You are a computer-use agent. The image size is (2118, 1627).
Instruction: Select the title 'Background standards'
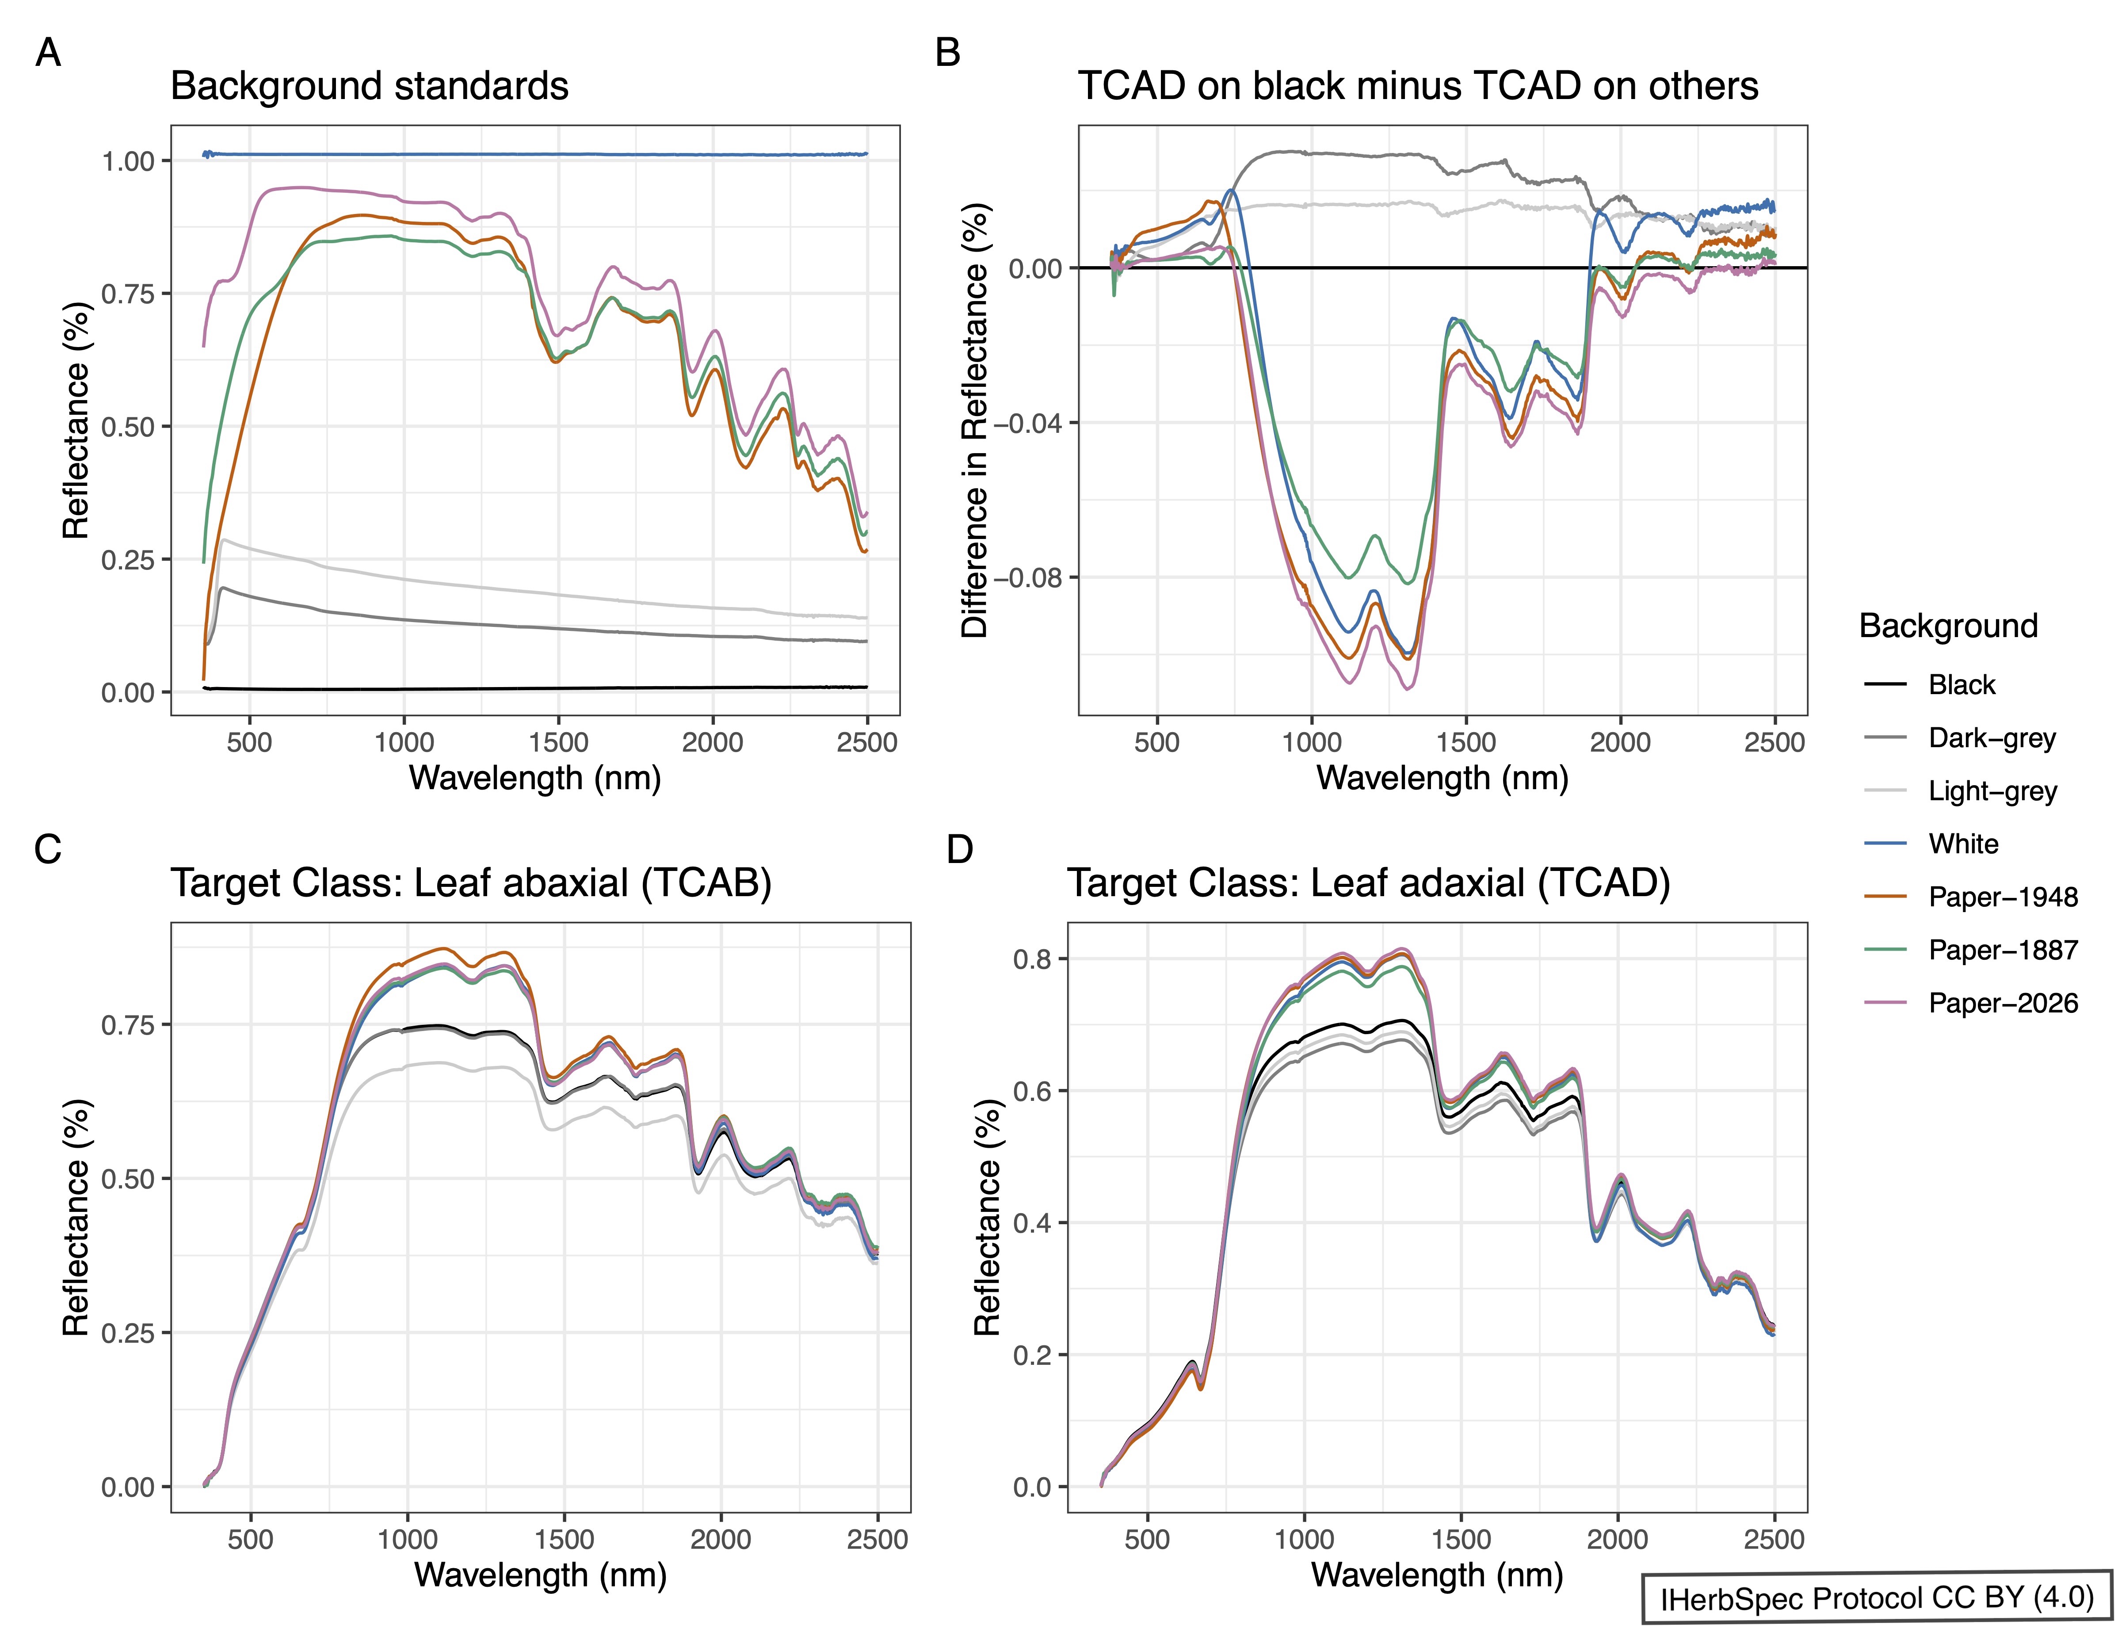click(x=369, y=86)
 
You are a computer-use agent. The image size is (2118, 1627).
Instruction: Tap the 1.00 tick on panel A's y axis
click(x=129, y=161)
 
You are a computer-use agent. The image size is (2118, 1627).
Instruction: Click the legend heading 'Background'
click(x=1947, y=626)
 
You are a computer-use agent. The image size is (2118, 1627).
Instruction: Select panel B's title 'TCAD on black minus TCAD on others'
click(x=1418, y=86)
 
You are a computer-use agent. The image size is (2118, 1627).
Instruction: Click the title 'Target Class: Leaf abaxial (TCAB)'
click(x=471, y=883)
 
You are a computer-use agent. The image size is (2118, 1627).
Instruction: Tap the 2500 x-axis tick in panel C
click(x=877, y=1540)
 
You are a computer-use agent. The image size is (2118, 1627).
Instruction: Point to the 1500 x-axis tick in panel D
click(x=1461, y=1540)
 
